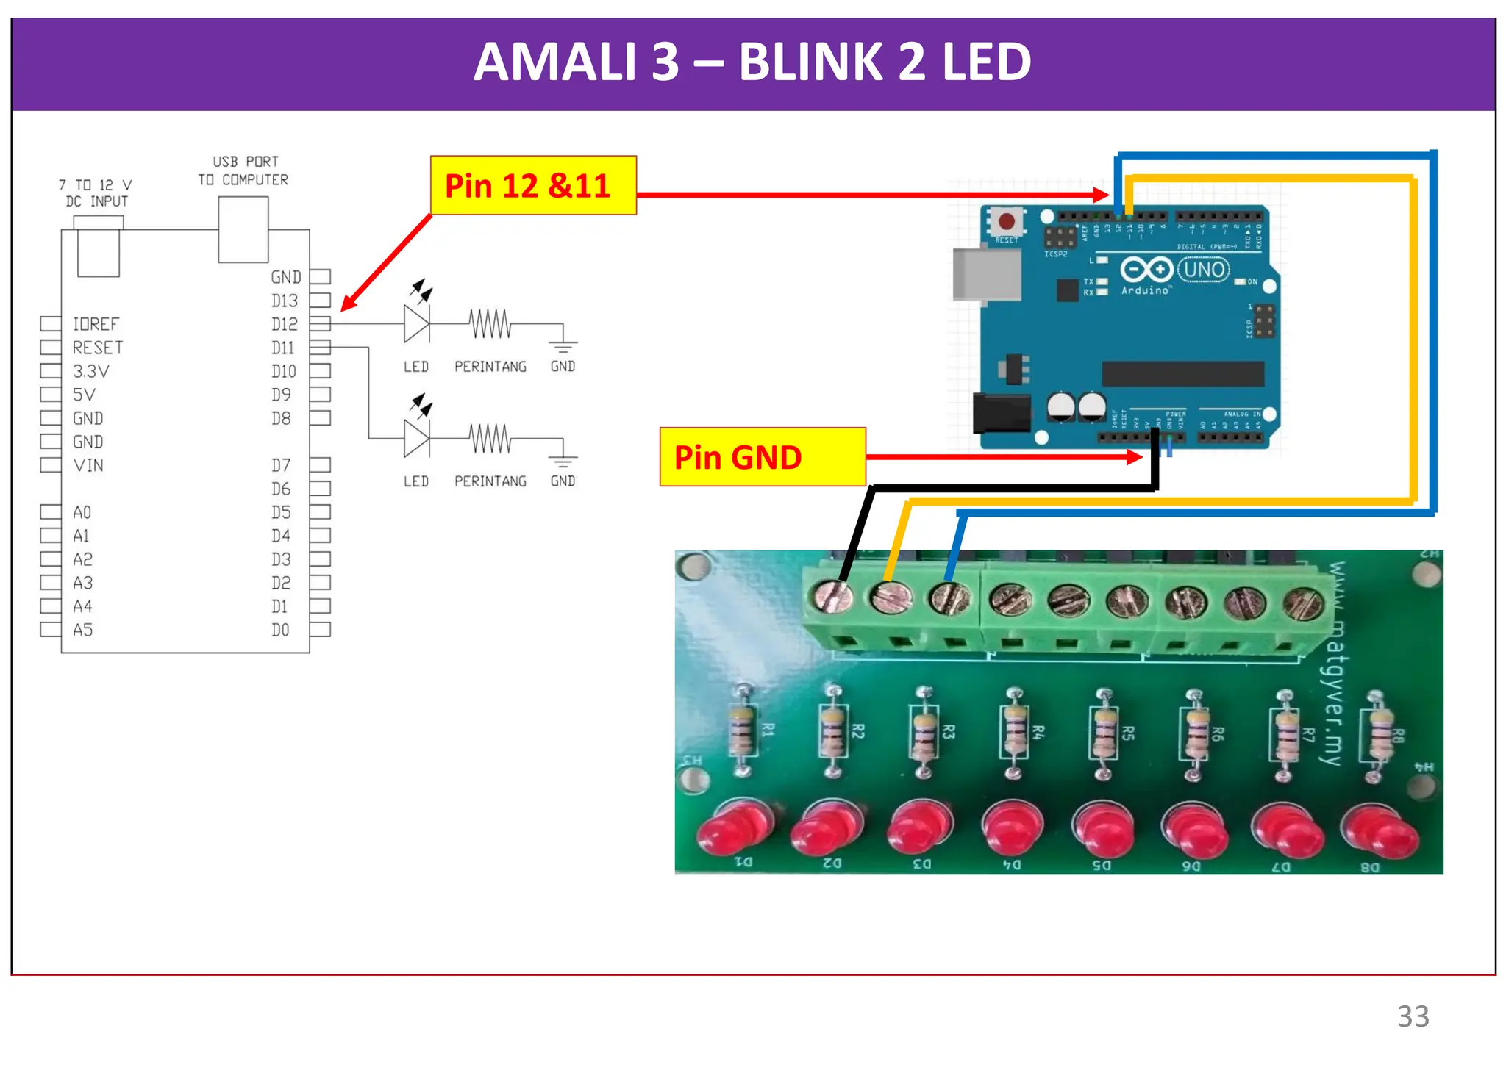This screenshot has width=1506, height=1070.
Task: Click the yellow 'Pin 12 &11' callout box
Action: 533,185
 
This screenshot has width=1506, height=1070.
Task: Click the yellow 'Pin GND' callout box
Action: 762,457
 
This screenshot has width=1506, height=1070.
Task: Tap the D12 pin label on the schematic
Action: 284,324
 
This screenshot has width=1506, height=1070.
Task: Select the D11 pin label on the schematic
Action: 282,348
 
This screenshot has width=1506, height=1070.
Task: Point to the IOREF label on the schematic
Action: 96,324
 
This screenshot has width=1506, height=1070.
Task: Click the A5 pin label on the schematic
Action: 82,630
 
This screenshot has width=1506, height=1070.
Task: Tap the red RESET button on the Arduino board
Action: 1007,220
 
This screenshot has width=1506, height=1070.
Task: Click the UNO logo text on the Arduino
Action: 1204,270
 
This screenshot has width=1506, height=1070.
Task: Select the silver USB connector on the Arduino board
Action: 986,275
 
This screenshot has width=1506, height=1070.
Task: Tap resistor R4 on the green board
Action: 1015,732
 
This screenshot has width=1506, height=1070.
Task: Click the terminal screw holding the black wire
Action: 833,596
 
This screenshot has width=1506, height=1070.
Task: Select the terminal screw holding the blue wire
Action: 949,598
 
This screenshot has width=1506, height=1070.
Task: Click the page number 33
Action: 1413,1016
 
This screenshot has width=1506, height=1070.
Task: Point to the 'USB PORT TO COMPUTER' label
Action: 244,170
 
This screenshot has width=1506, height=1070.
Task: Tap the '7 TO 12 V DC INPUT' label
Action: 96,193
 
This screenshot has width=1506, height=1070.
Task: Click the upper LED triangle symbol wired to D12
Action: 416,323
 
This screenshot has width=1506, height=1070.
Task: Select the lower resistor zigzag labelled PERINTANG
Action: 490,439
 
